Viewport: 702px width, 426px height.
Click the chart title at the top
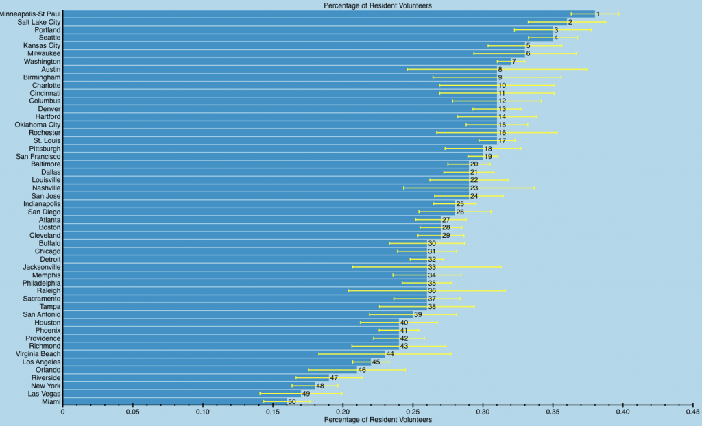click(378, 5)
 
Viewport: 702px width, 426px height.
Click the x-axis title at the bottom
click(378, 420)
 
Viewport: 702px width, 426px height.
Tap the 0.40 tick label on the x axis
click(622, 412)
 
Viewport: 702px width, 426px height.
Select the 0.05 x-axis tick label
click(132, 412)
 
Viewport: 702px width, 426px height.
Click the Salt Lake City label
click(38, 22)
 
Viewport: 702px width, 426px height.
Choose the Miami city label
click(51, 402)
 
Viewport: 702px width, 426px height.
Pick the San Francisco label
click(38, 157)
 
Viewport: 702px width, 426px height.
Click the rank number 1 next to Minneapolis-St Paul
click(598, 14)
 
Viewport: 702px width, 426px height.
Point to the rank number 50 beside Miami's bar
click(292, 402)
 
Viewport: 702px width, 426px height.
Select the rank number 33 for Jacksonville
click(432, 267)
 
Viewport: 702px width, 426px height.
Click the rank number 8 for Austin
click(500, 69)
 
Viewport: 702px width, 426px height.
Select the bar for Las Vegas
click(182, 394)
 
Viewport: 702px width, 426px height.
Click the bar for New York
click(189, 386)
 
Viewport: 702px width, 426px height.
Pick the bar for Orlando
click(210, 370)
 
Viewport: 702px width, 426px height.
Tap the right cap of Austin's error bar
click(587, 69)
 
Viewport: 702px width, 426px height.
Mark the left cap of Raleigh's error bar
click(349, 291)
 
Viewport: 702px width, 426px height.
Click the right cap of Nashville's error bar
click(534, 188)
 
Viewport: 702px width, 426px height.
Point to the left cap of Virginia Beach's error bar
click(319, 354)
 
